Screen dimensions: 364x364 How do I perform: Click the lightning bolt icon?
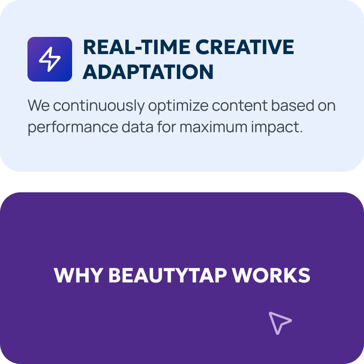[50, 59]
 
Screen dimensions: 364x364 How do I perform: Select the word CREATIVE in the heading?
[245, 47]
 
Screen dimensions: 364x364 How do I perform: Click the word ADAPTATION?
[148, 72]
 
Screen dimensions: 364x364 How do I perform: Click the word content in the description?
[240, 106]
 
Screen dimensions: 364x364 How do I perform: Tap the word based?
[293, 105]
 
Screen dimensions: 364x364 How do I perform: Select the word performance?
[73, 127]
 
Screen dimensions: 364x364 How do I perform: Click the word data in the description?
[137, 127]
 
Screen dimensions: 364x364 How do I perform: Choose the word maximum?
[214, 127]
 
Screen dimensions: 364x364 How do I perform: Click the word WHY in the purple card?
[79, 275]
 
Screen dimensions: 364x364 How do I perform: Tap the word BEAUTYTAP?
[167, 275]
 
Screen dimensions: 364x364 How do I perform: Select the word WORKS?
[271, 275]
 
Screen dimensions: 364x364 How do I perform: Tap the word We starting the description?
[39, 106]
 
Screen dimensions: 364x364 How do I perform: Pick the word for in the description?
[167, 127]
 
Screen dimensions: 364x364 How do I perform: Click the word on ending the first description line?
[327, 107]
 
